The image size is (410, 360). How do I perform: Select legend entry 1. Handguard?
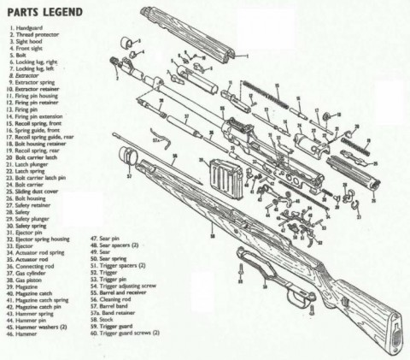click(x=31, y=30)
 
